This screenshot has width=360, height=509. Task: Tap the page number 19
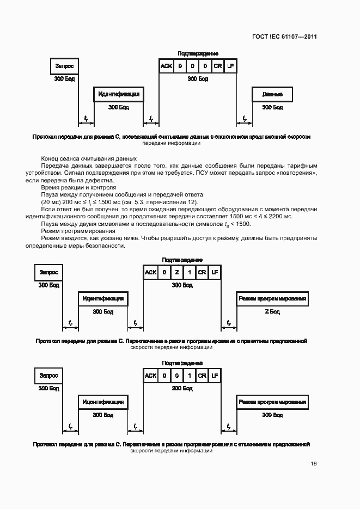313,463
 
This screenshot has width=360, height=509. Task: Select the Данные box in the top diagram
272,94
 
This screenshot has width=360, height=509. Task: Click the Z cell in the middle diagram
176,272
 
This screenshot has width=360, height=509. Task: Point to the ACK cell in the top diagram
166,66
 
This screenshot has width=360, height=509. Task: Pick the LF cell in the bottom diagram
215,376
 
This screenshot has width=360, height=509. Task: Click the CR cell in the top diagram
218,66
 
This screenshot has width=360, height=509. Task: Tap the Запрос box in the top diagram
64,66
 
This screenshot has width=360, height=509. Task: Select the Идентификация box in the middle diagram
103,299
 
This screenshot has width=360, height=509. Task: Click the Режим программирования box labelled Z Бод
272,299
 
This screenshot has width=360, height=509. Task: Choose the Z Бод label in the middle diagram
272,312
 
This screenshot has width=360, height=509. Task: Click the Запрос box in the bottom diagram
48,376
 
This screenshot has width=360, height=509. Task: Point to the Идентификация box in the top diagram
119,94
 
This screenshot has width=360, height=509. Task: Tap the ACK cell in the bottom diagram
150,376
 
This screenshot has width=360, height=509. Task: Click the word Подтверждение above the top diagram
198,53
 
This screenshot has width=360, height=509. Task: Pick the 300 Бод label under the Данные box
272,107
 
